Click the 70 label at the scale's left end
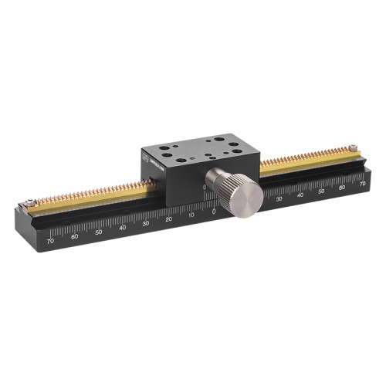(50, 241)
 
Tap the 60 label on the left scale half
(74, 236)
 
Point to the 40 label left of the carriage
(122, 228)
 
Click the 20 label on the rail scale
(168, 219)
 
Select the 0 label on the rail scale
(214, 211)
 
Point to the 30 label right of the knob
(279, 199)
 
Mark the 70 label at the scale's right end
(362, 184)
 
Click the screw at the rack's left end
(29, 202)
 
